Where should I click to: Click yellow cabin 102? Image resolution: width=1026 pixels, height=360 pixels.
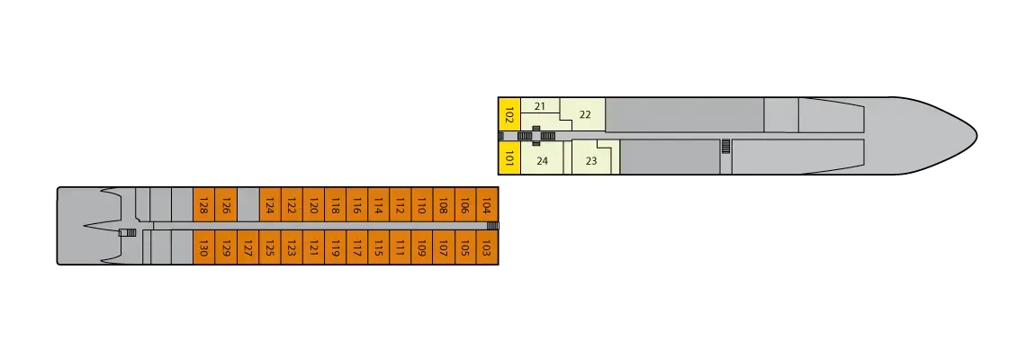[509, 114]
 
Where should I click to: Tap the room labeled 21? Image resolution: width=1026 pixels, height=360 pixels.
[540, 106]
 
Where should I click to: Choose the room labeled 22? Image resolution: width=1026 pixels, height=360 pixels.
[585, 114]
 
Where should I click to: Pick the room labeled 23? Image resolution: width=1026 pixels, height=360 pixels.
[591, 161]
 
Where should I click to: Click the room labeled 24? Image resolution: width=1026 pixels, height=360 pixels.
[542, 161]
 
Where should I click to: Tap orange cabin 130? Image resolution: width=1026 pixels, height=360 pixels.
[204, 247]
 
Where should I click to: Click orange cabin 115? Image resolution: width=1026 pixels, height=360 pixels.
[379, 247]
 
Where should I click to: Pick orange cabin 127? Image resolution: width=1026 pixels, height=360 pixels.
[247, 247]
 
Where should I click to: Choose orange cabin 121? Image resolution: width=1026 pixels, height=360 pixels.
[313, 247]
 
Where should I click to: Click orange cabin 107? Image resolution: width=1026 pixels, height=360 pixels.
[444, 247]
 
